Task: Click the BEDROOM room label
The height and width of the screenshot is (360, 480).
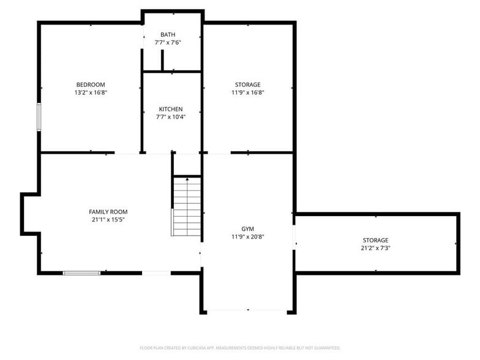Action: pyautogui.click(x=91, y=84)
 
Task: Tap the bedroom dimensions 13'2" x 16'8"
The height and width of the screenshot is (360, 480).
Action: pyautogui.click(x=91, y=92)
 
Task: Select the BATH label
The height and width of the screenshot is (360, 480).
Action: pyautogui.click(x=168, y=34)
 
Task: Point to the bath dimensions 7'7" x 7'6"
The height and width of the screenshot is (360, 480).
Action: pyautogui.click(x=168, y=42)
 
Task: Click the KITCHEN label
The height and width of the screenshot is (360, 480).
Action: pyautogui.click(x=170, y=109)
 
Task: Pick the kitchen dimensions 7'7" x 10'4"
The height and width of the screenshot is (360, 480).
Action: pyautogui.click(x=170, y=117)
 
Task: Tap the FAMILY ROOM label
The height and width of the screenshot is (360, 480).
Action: pyautogui.click(x=108, y=212)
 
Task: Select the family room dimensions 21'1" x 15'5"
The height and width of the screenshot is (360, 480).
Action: pyautogui.click(x=108, y=220)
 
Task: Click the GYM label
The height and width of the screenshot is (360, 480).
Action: pyautogui.click(x=247, y=228)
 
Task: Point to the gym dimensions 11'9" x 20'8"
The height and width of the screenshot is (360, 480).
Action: pyautogui.click(x=247, y=236)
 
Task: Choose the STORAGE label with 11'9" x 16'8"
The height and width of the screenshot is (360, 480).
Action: pyautogui.click(x=247, y=84)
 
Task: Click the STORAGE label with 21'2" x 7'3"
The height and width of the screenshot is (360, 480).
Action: pyautogui.click(x=375, y=240)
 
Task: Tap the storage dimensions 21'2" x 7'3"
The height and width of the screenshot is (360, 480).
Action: pyautogui.click(x=375, y=248)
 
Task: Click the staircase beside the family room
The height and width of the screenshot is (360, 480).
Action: pyautogui.click(x=187, y=207)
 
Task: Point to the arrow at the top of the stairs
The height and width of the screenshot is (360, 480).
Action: pyautogui.click(x=187, y=179)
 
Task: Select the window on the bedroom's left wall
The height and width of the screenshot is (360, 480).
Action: pyautogui.click(x=39, y=117)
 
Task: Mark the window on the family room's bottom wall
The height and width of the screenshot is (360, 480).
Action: pyautogui.click(x=82, y=272)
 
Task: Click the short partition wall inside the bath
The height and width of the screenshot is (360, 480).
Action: pyautogui.click(x=162, y=61)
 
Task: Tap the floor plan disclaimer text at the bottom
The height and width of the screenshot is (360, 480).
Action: pyautogui.click(x=240, y=348)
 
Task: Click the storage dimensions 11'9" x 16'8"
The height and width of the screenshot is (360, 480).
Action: pyautogui.click(x=247, y=92)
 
